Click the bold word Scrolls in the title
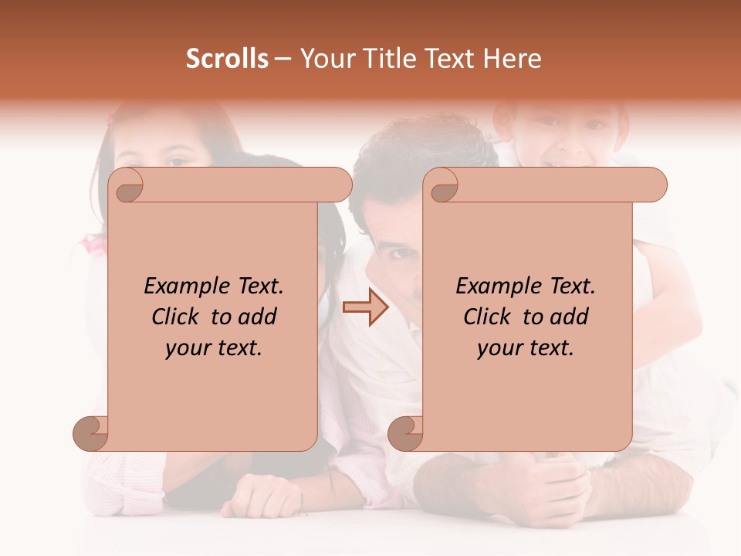[227, 59]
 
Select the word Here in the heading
[513, 59]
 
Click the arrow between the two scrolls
[365, 307]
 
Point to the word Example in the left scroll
[181, 286]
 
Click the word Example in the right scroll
[492, 286]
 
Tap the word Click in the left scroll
[178, 317]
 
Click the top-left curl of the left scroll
[128, 186]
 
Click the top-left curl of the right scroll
[442, 186]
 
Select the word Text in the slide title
[451, 59]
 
